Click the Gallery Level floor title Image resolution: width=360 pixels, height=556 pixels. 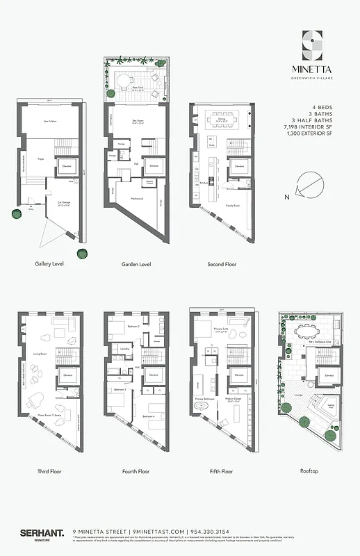pyautogui.click(x=50, y=264)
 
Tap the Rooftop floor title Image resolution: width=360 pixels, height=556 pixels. pyautogui.click(x=309, y=471)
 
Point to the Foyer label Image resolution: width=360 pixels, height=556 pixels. pyautogui.click(x=41, y=158)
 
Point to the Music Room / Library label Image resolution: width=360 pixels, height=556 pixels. pyautogui.click(x=49, y=417)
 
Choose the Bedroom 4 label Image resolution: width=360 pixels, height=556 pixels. pyautogui.click(x=148, y=416)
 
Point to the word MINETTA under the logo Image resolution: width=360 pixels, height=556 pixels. pyautogui.click(x=313, y=69)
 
